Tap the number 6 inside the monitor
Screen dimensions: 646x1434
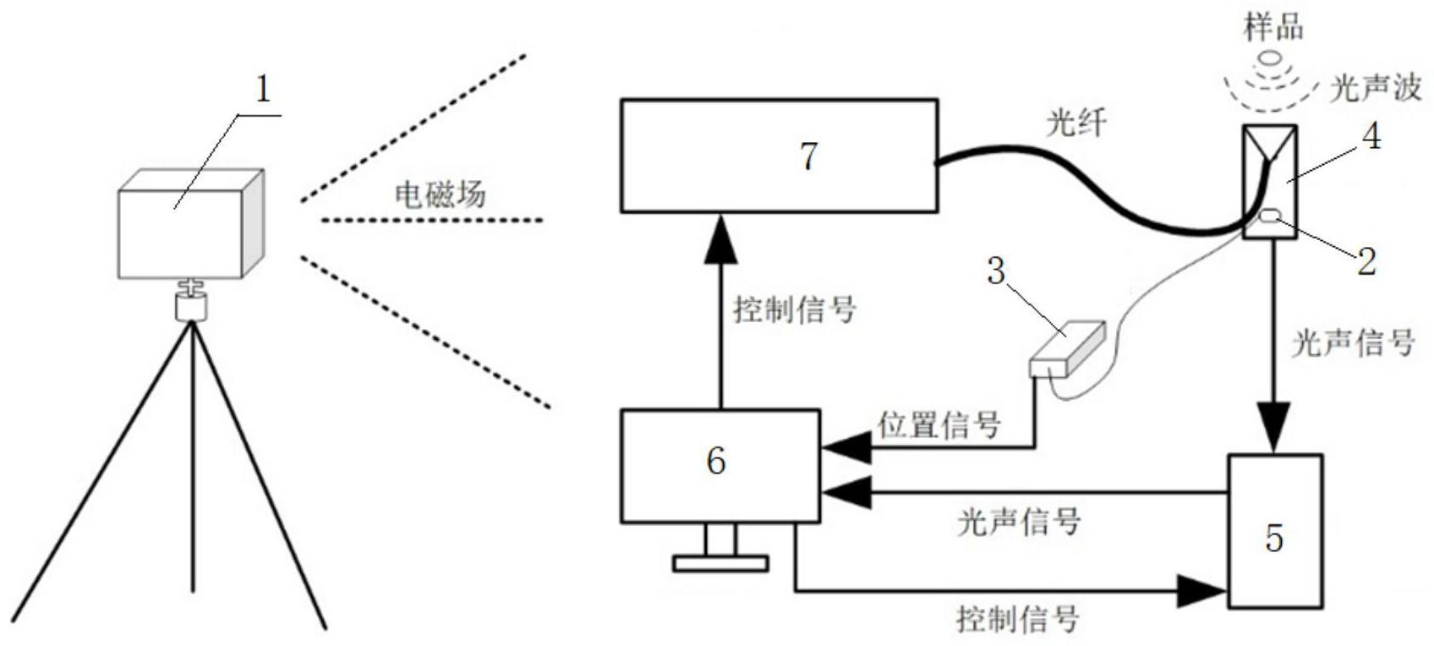coord(715,461)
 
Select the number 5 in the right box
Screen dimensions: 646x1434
coord(1274,539)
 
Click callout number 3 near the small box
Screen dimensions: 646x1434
coord(997,271)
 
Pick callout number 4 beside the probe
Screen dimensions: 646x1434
coord(1372,136)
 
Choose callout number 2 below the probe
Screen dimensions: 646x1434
coord(1366,261)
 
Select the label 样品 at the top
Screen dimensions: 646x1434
coord(1273,27)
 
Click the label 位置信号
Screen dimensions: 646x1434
coord(939,424)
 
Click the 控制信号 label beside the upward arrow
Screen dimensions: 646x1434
coord(795,309)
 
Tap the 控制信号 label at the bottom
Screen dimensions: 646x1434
coord(1018,620)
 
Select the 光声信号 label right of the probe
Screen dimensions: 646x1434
coord(1354,342)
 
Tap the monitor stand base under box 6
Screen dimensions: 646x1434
coord(720,563)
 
